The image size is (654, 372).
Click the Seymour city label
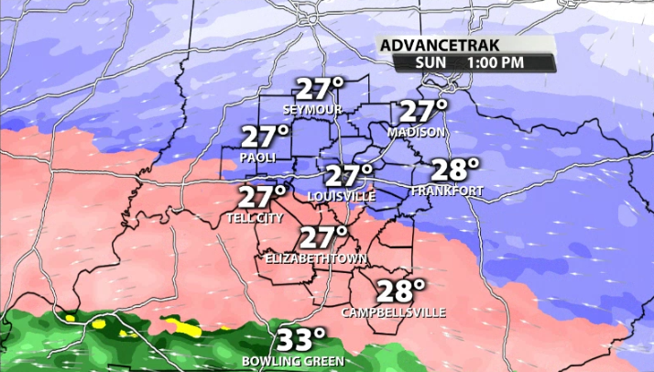click(x=312, y=110)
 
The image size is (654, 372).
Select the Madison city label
click(x=416, y=133)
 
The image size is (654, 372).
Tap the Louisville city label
click(x=342, y=196)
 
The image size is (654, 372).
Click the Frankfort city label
click(x=447, y=191)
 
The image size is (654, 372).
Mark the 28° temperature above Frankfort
click(x=454, y=170)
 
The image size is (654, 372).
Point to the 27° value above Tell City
click(x=263, y=198)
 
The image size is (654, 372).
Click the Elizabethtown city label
click(x=315, y=258)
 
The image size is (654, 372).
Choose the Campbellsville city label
click(x=394, y=312)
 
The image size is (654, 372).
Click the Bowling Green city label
click(x=293, y=361)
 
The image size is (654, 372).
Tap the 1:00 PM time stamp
click(x=497, y=62)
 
